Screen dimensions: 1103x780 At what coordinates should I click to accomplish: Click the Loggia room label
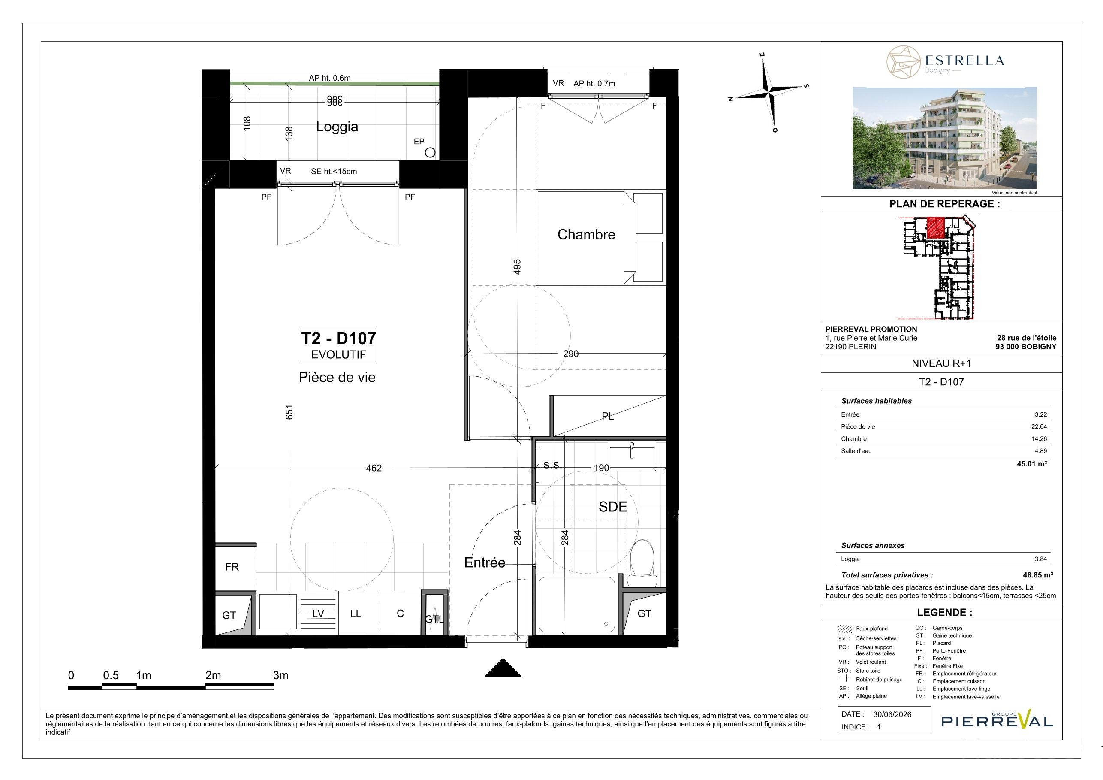[337, 127]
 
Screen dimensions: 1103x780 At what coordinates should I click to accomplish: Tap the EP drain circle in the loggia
[431, 152]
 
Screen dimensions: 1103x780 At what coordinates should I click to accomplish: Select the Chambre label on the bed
[586, 235]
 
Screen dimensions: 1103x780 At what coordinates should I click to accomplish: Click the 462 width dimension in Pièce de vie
[374, 468]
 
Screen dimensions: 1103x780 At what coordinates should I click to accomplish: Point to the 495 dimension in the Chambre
[517, 267]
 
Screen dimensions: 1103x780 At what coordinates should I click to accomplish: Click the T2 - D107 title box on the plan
[339, 344]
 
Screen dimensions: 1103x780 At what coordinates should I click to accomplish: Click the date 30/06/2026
[892, 714]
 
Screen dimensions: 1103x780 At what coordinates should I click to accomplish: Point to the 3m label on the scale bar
[280, 675]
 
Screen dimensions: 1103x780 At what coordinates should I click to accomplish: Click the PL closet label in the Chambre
[608, 416]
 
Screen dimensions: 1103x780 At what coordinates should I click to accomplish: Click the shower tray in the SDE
[576, 605]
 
